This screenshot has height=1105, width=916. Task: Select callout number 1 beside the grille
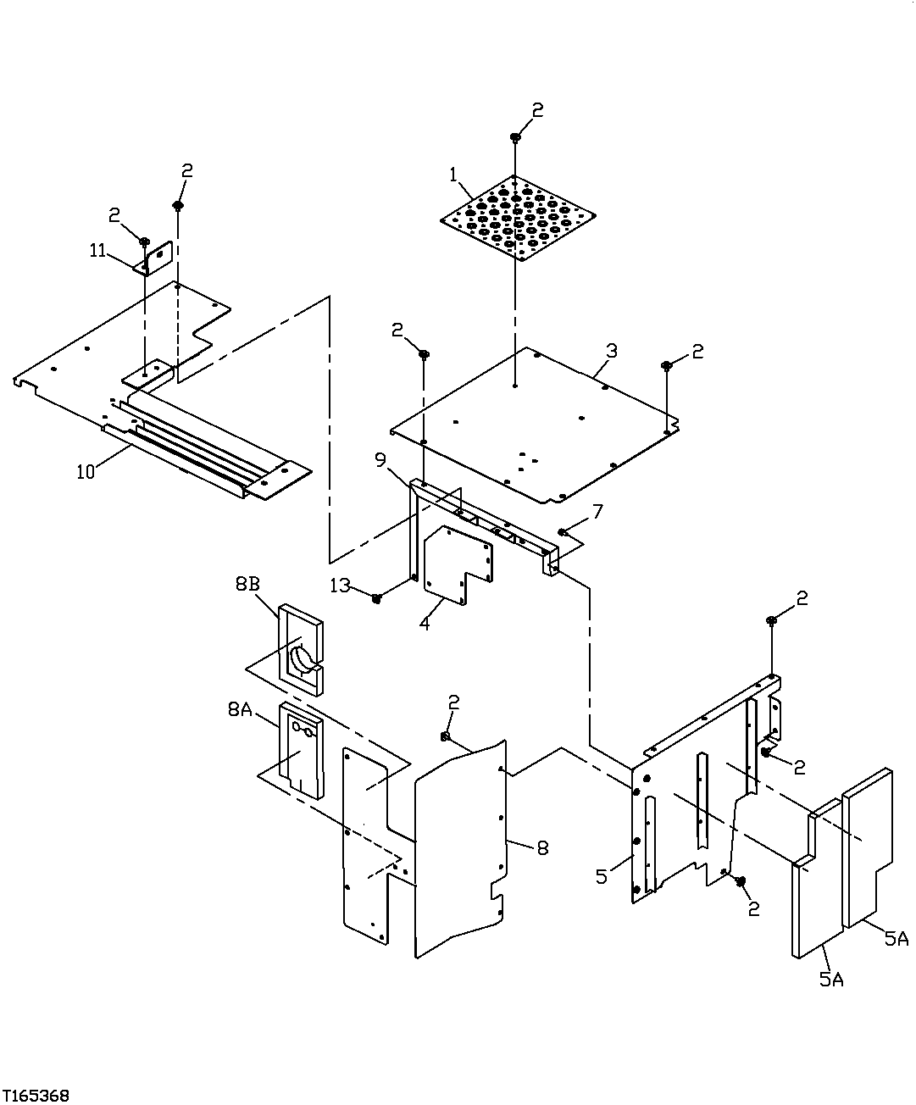coord(453,175)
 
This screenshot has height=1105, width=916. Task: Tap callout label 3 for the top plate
coord(611,350)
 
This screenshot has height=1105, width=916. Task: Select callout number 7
coord(597,511)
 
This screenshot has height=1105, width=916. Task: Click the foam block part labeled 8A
coord(301,750)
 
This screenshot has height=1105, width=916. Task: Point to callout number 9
coord(380,460)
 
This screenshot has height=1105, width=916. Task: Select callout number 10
coord(86,472)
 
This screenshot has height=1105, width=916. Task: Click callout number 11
coord(99,250)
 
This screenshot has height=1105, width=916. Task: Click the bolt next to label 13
coord(376,599)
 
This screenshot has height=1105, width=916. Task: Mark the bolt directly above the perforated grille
coord(515,137)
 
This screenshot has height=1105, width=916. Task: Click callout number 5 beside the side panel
coord(601,875)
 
